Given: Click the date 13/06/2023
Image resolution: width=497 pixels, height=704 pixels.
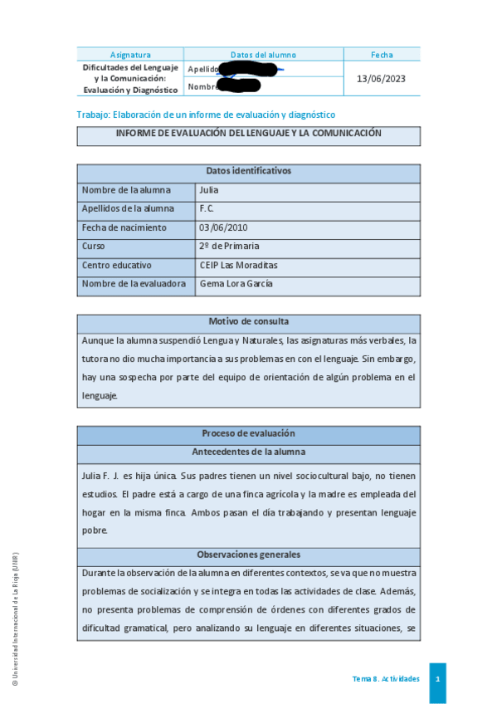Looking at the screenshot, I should coord(381,78).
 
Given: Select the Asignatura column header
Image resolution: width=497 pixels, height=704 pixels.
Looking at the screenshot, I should coord(129,55).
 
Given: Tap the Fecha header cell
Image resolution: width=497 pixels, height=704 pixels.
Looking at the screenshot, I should coord(382,55).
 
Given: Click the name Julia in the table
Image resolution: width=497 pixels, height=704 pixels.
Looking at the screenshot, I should coord(209,190).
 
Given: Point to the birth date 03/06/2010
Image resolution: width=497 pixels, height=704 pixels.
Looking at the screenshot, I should coord(223,227).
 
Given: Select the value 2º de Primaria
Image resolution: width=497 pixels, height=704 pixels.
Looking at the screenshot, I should coord(229,247).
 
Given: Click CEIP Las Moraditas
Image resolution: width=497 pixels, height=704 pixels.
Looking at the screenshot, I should coord(238,266).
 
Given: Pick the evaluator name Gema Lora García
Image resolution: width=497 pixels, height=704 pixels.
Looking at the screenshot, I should coord(236,284).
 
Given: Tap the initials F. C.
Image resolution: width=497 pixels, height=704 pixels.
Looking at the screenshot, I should coord(207,209).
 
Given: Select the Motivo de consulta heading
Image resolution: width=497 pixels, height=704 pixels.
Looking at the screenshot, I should coord(248,321).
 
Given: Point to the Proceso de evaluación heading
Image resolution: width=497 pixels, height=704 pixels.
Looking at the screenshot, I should coord(248,433).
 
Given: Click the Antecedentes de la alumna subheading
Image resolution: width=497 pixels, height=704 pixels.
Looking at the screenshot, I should coord(248,452).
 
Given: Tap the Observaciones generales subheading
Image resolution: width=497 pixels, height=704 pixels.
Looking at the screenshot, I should coord(248,555).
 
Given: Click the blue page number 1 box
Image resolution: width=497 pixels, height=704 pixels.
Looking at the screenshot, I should coord(437,679).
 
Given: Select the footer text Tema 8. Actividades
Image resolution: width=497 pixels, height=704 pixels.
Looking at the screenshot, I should coord(386,679).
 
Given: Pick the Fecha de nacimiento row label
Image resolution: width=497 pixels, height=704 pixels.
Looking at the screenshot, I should coord(124,227).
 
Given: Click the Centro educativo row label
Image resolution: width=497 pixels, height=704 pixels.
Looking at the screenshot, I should coord(117,266).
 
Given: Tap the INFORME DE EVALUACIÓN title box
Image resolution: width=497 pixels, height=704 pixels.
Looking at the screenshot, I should coord(248,134).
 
